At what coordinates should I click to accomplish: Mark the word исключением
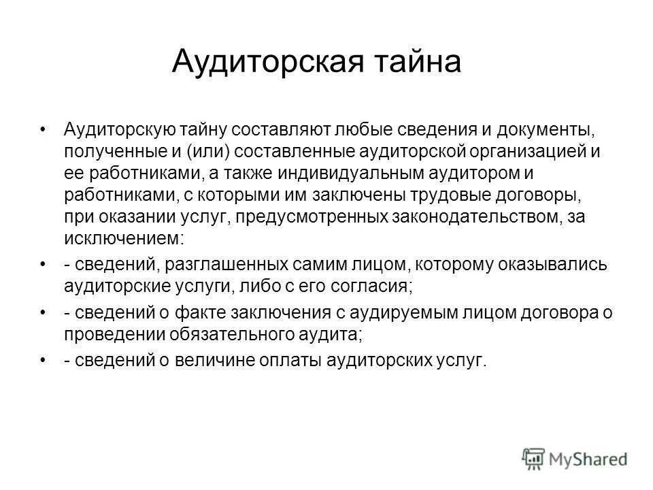pyautogui.click(x=122, y=240)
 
